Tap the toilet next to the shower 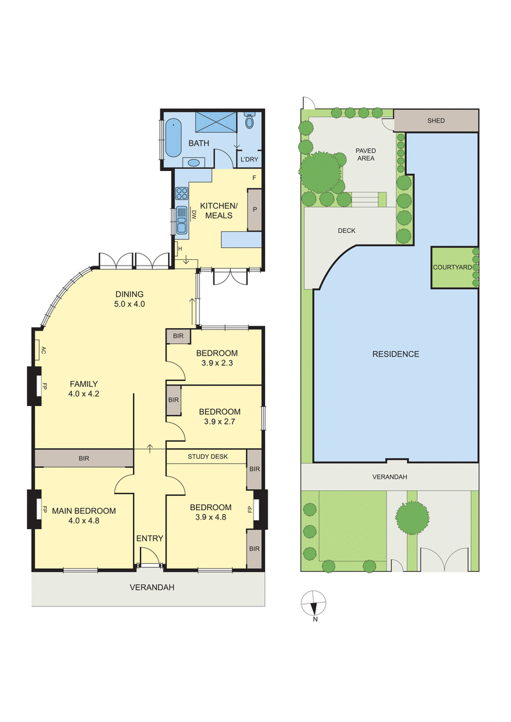pyautogui.click(x=249, y=121)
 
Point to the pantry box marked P pyautogui.click(x=255, y=209)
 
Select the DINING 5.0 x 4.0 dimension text pyautogui.click(x=130, y=299)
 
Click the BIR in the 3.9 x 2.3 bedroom pyautogui.click(x=174, y=336)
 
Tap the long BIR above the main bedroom pyautogui.click(x=84, y=458)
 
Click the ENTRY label pyautogui.click(x=149, y=538)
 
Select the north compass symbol pyautogui.click(x=314, y=604)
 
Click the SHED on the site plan pyautogui.click(x=436, y=121)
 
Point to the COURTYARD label pyautogui.click(x=452, y=267)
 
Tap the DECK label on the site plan pyautogui.click(x=346, y=230)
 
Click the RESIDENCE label pyautogui.click(x=395, y=354)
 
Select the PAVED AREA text pyautogui.click(x=365, y=154)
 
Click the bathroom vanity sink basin pyautogui.click(x=195, y=161)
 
